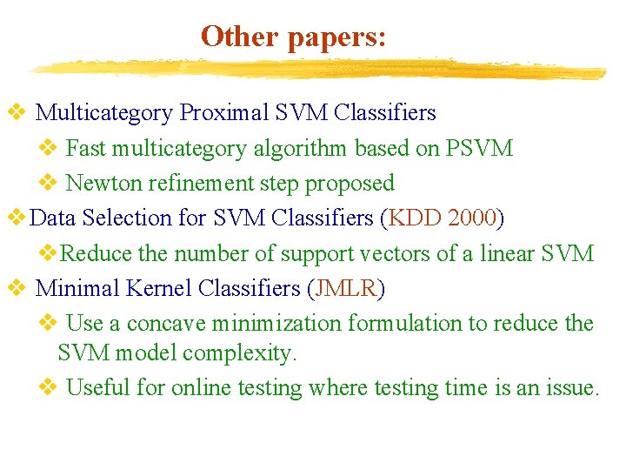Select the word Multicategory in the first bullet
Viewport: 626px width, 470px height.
(x=104, y=113)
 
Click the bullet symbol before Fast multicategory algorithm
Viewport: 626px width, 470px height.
(x=49, y=148)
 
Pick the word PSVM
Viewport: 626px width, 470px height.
(x=479, y=148)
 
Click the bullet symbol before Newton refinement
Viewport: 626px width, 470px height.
(x=49, y=183)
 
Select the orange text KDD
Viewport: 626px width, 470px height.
(x=415, y=218)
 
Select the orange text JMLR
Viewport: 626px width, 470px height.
(x=346, y=288)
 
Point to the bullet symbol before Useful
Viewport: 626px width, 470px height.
(x=49, y=386)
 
